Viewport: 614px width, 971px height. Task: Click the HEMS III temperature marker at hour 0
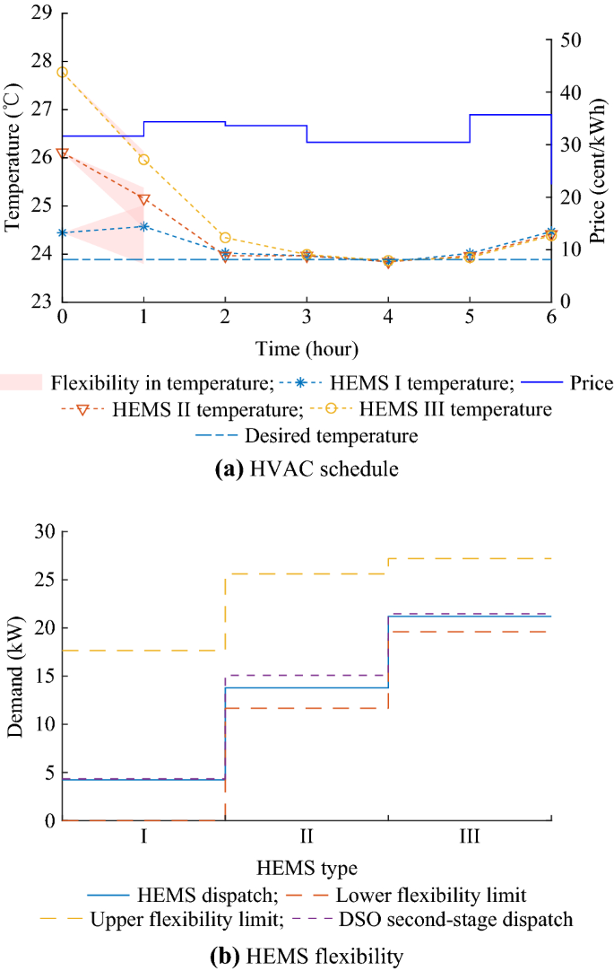pyautogui.click(x=62, y=72)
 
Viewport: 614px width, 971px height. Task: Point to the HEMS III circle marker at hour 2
pyautogui.click(x=225, y=238)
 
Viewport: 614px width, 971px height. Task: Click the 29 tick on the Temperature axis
pyautogui.click(x=42, y=13)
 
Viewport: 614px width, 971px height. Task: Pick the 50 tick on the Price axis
pyautogui.click(x=571, y=40)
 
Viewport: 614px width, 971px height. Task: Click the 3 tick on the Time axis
pyautogui.click(x=307, y=318)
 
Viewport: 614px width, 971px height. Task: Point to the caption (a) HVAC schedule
pyautogui.click(x=306, y=467)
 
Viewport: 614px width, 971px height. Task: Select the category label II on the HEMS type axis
pyautogui.click(x=307, y=837)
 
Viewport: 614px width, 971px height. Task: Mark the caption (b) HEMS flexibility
pyautogui.click(x=306, y=957)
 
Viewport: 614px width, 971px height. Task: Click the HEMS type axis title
pyautogui.click(x=306, y=868)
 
